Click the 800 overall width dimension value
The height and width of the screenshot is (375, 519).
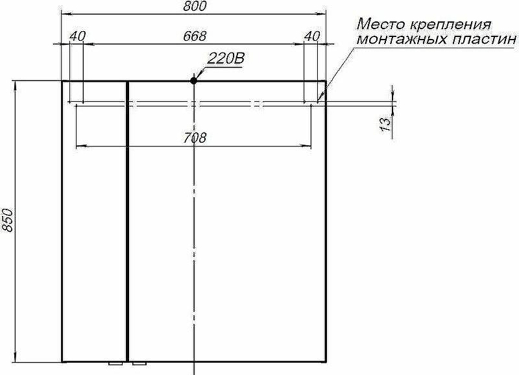pyautogui.click(x=194, y=6)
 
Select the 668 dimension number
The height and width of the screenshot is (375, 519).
pyautogui.click(x=194, y=36)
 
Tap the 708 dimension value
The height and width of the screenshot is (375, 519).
pyautogui.click(x=194, y=137)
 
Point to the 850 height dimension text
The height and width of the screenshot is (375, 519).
pyautogui.click(x=7, y=221)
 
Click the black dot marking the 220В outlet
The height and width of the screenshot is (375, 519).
pyautogui.click(x=193, y=80)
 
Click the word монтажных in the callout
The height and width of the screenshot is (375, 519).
pyautogui.click(x=398, y=40)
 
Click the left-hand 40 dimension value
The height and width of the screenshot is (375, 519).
pyautogui.click(x=77, y=36)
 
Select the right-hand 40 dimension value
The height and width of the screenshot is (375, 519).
pyautogui.click(x=311, y=36)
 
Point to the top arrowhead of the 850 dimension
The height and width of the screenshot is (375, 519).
pyautogui.click(x=14, y=84)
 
